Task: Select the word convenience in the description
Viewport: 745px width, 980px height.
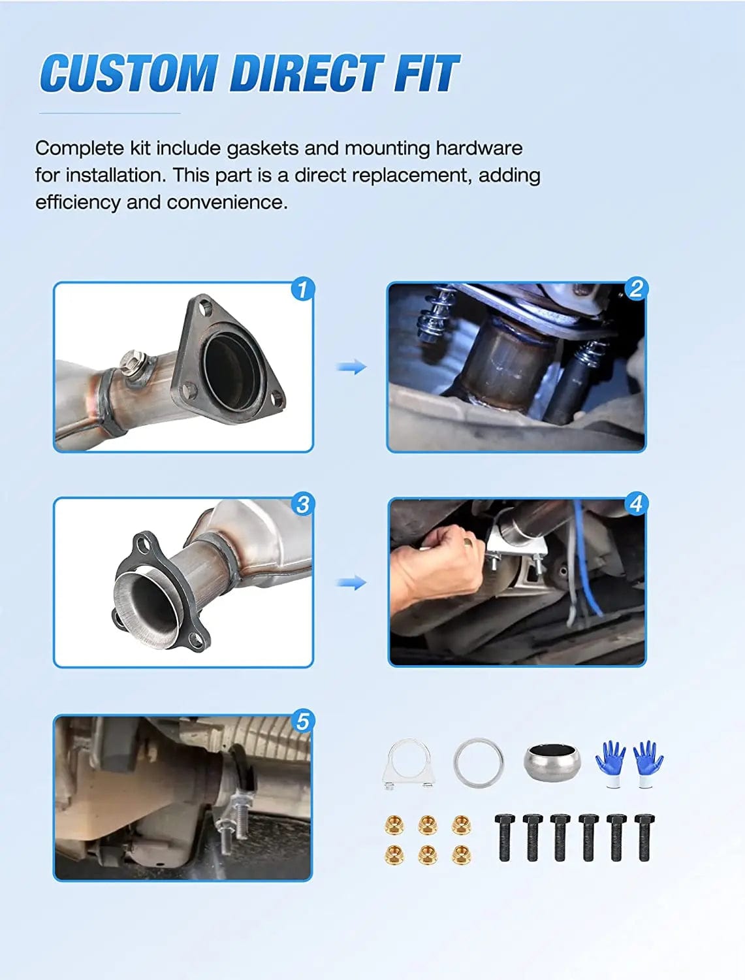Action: [227, 203]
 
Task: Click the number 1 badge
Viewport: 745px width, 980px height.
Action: [302, 289]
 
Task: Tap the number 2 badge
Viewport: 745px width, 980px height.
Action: [635, 289]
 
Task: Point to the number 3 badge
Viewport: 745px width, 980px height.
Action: [302, 504]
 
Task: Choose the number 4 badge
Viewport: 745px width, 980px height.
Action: [635, 504]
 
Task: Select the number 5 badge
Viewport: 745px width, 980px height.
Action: [302, 721]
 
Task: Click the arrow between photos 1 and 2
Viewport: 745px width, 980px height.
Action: [351, 367]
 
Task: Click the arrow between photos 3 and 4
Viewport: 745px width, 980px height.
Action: [351, 583]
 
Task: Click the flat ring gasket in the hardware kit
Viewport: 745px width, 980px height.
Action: [479, 763]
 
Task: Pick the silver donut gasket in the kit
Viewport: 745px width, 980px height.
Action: [552, 762]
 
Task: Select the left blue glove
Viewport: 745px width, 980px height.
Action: [610, 763]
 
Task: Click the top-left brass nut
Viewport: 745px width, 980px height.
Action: [394, 825]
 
